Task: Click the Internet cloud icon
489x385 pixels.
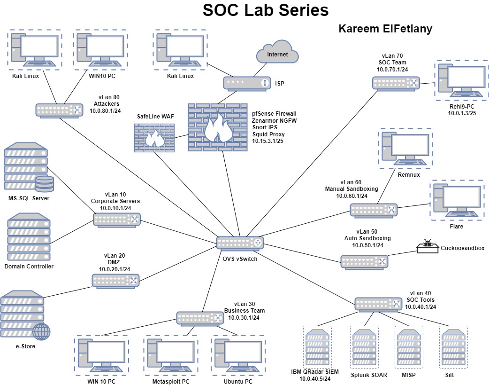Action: (278, 55)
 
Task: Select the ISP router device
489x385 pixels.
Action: (246, 84)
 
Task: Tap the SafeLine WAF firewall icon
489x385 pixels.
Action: (153, 136)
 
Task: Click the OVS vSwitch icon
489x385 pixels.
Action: (240, 243)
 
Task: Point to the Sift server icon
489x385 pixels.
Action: (453, 348)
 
